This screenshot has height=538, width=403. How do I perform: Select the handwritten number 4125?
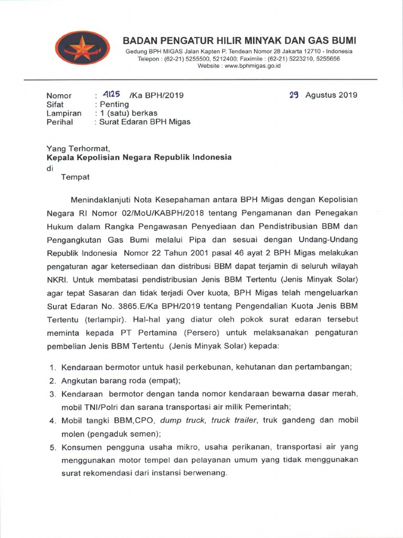[x=112, y=95]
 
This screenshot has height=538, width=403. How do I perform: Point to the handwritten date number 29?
[x=294, y=95]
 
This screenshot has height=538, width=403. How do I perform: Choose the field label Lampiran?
[x=64, y=113]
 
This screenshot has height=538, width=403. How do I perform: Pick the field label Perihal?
[x=60, y=122]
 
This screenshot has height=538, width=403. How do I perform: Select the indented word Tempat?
[x=76, y=177]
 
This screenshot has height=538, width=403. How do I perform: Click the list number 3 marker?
[x=52, y=394]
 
